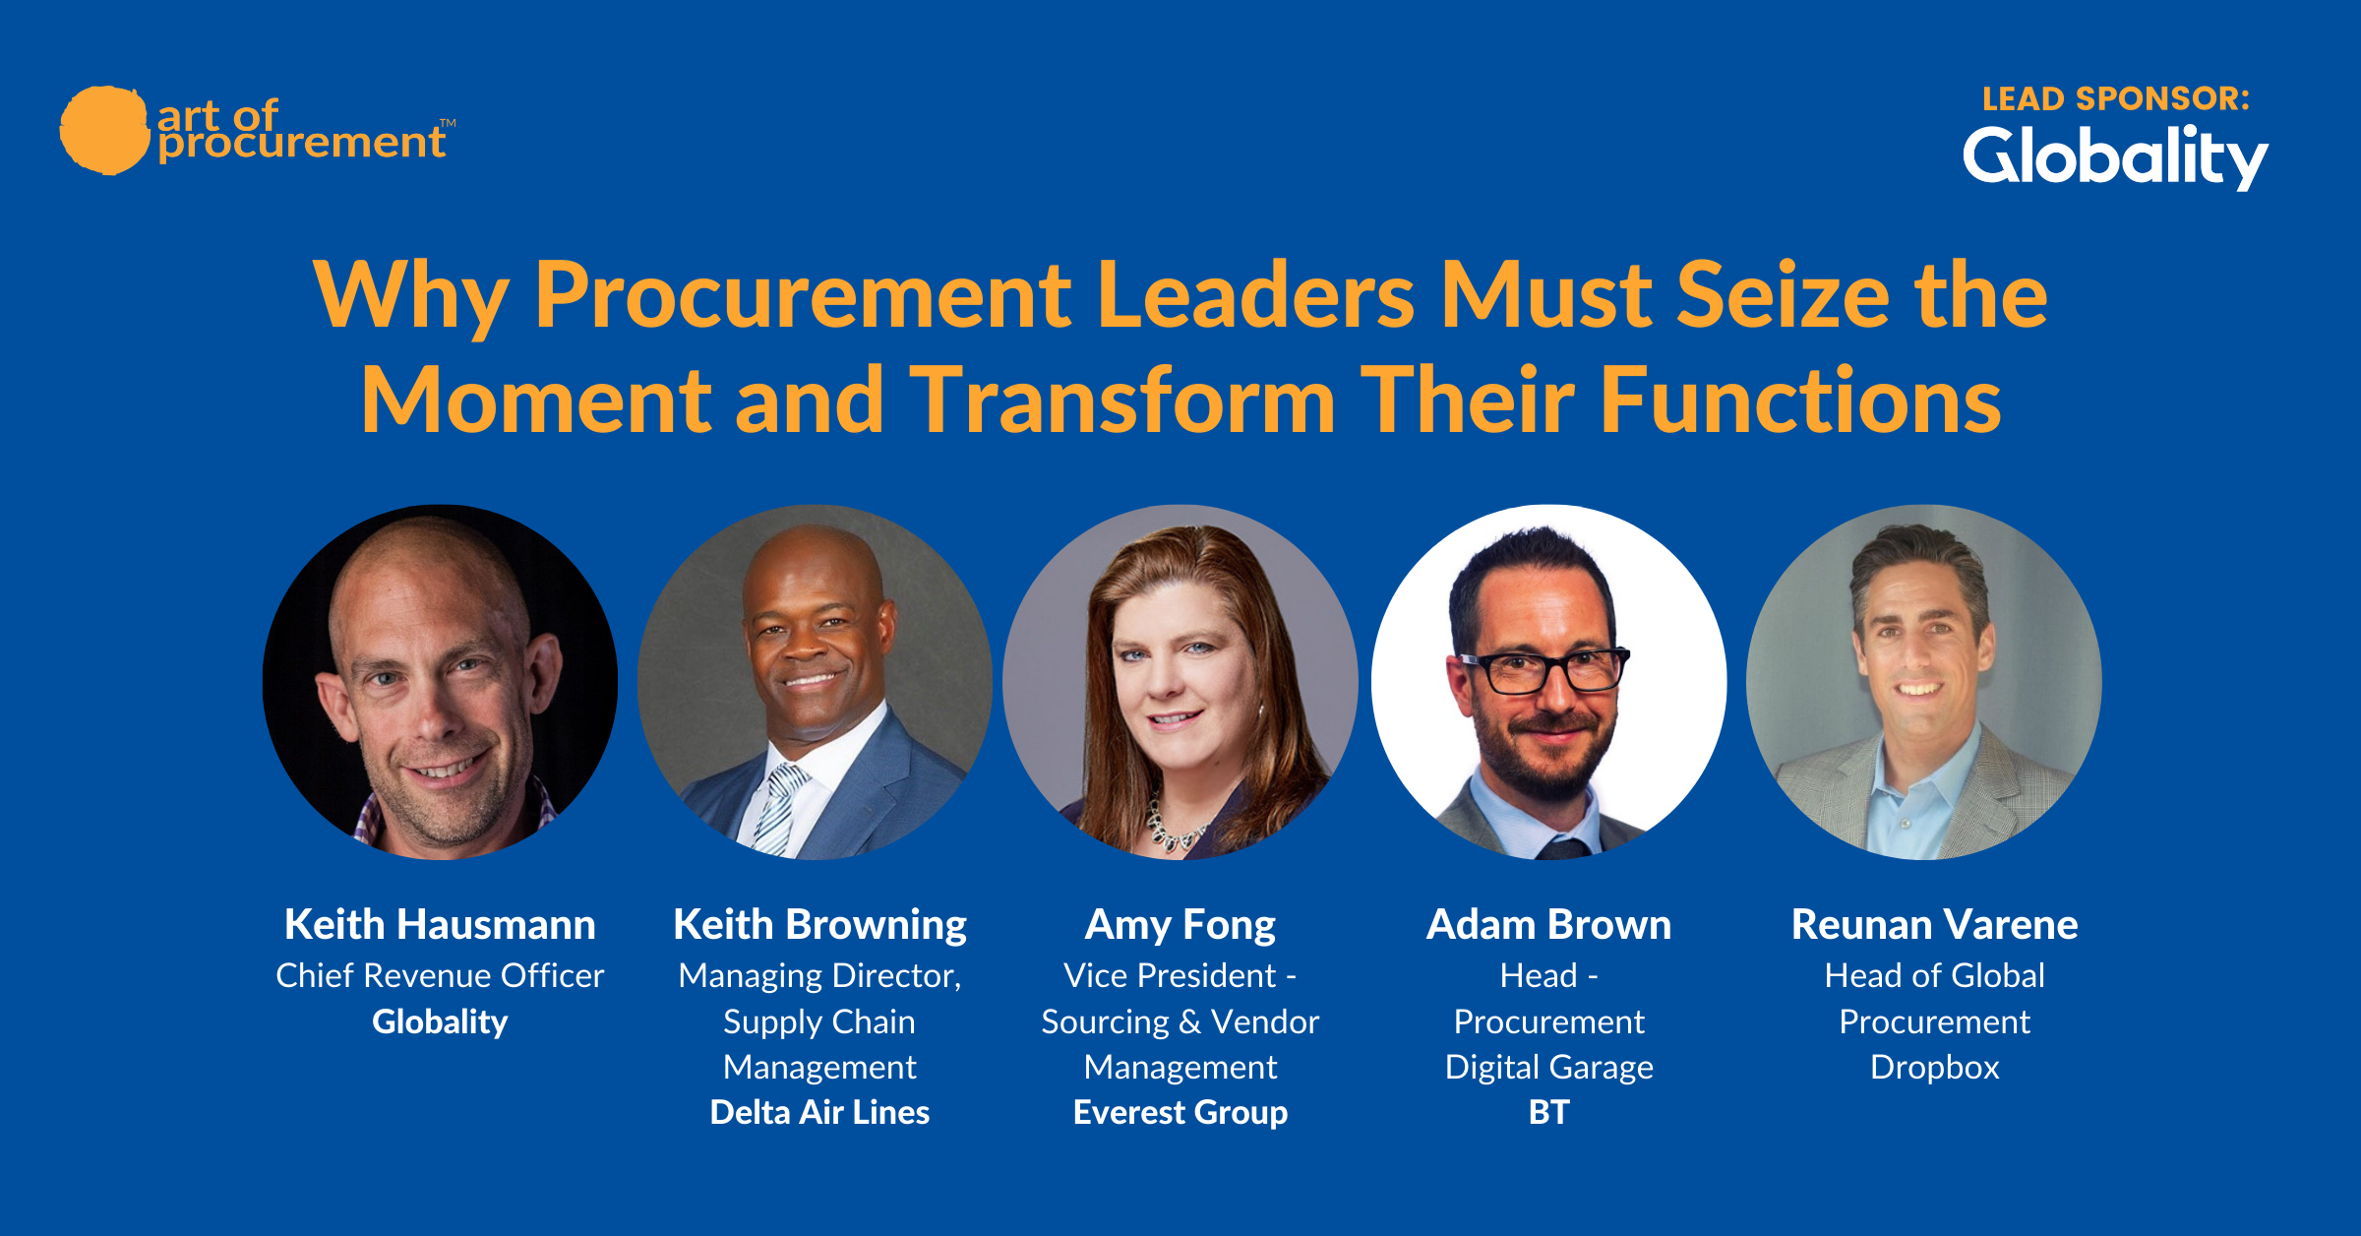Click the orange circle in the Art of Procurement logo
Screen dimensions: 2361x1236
click(x=104, y=130)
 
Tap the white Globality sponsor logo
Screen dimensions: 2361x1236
click(x=2115, y=157)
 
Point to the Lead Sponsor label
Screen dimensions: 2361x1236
click(x=2116, y=98)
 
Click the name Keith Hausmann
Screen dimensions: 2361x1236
click(x=440, y=924)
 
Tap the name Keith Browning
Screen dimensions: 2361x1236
click(x=819, y=926)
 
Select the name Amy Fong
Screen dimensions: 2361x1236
click(x=1180, y=926)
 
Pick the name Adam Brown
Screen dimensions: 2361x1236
click(x=1548, y=924)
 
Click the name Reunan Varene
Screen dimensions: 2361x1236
click(x=1934, y=924)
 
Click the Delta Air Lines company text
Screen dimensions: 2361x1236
click(x=819, y=1112)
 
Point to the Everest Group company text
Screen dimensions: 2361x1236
click(x=1180, y=1113)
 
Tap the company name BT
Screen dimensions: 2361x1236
click(x=1548, y=1112)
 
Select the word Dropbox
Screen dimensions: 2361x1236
click(x=1934, y=1068)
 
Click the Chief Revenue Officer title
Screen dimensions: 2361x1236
click(x=440, y=975)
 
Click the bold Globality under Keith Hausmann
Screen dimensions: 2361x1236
click(x=440, y=1021)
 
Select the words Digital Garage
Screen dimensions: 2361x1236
click(x=1548, y=1068)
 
